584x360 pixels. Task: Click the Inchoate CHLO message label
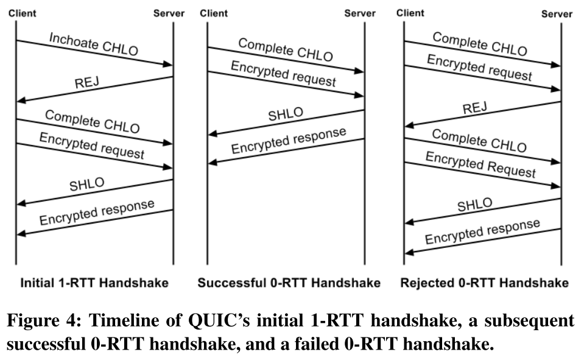coord(93,44)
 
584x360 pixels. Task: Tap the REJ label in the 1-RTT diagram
coord(86,83)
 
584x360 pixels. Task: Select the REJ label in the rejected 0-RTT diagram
coord(475,108)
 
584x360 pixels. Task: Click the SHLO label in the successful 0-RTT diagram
coord(285,115)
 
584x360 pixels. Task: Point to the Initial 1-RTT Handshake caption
coord(94,283)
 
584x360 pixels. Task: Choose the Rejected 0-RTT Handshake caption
coord(485,283)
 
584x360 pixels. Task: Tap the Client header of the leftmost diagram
coord(22,13)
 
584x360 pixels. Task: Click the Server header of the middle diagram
coord(360,13)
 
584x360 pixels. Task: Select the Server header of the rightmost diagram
coord(557,14)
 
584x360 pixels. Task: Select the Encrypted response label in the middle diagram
coord(289,140)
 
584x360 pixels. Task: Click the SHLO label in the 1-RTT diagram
coord(86,185)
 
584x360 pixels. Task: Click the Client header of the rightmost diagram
coord(410,13)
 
